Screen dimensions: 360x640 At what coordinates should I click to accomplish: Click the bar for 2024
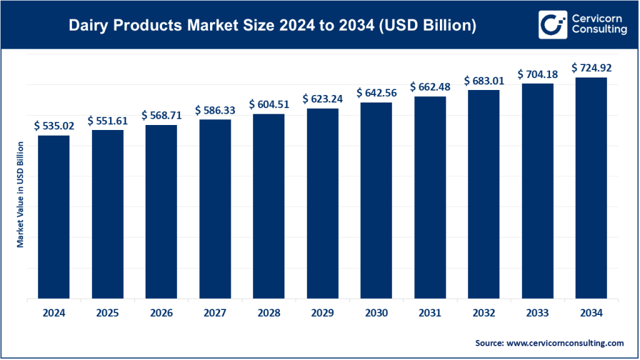54,217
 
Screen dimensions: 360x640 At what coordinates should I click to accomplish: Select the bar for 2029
322,204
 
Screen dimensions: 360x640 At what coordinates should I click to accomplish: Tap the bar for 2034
591,188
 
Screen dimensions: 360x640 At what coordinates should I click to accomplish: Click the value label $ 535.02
54,126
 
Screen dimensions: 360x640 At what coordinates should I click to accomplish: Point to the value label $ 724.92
591,67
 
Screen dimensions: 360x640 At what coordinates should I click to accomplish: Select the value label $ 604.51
269,104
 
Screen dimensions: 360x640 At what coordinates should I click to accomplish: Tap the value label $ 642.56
376,92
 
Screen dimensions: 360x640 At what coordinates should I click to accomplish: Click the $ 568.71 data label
161,115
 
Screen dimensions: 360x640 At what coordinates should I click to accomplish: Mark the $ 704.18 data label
537,74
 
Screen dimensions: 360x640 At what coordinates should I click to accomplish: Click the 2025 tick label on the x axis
107,313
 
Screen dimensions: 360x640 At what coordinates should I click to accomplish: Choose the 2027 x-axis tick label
215,313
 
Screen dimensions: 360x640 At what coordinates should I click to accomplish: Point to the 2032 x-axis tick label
484,313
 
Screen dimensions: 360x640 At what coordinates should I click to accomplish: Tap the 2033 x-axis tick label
537,313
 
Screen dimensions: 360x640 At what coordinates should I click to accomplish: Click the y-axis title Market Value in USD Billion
21,194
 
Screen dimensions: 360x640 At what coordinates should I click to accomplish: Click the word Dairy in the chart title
88,26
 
